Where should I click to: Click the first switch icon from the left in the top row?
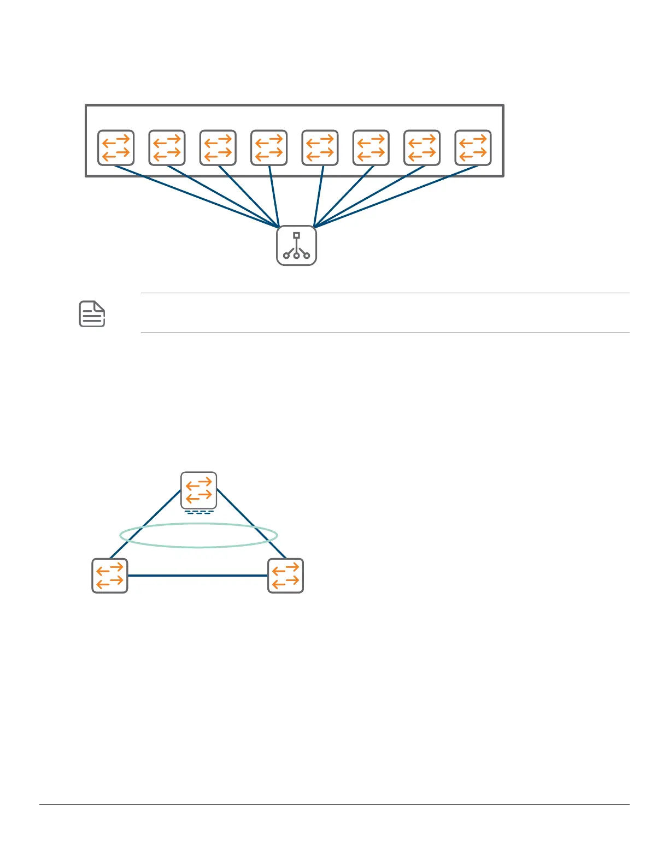point(116,147)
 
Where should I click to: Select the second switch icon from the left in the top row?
point(167,147)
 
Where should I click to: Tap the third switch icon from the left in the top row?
point(218,147)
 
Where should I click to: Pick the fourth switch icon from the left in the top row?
point(269,147)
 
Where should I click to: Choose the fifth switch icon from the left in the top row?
point(320,147)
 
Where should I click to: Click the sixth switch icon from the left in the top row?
point(371,147)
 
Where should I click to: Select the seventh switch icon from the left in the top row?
point(422,147)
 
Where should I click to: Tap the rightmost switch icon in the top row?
point(473,147)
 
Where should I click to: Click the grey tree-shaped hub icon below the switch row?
point(296,246)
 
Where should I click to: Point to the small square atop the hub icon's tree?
point(296,235)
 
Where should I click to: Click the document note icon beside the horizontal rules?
point(92,314)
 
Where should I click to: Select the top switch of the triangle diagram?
point(199,490)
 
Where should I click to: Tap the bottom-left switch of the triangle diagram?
point(110,576)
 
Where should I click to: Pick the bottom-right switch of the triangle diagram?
point(285,576)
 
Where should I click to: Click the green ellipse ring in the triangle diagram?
point(199,546)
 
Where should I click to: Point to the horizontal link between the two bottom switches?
point(198,576)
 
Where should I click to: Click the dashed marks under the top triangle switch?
point(199,513)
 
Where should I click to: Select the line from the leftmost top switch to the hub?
point(197,197)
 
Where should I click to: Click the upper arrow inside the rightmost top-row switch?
point(473,140)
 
